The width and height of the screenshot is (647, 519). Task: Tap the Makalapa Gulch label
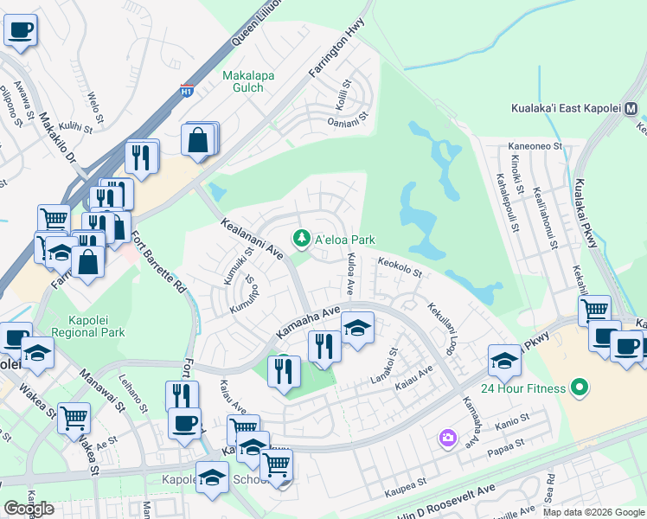pyautogui.click(x=248, y=82)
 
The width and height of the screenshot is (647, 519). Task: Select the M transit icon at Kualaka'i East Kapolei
pyautogui.click(x=631, y=110)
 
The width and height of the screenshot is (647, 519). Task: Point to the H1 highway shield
pyautogui.click(x=186, y=89)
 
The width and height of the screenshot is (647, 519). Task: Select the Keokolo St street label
pyautogui.click(x=399, y=266)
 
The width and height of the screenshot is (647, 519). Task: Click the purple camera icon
pyautogui.click(x=447, y=439)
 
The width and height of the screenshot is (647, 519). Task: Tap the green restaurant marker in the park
pyautogui.click(x=284, y=370)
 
